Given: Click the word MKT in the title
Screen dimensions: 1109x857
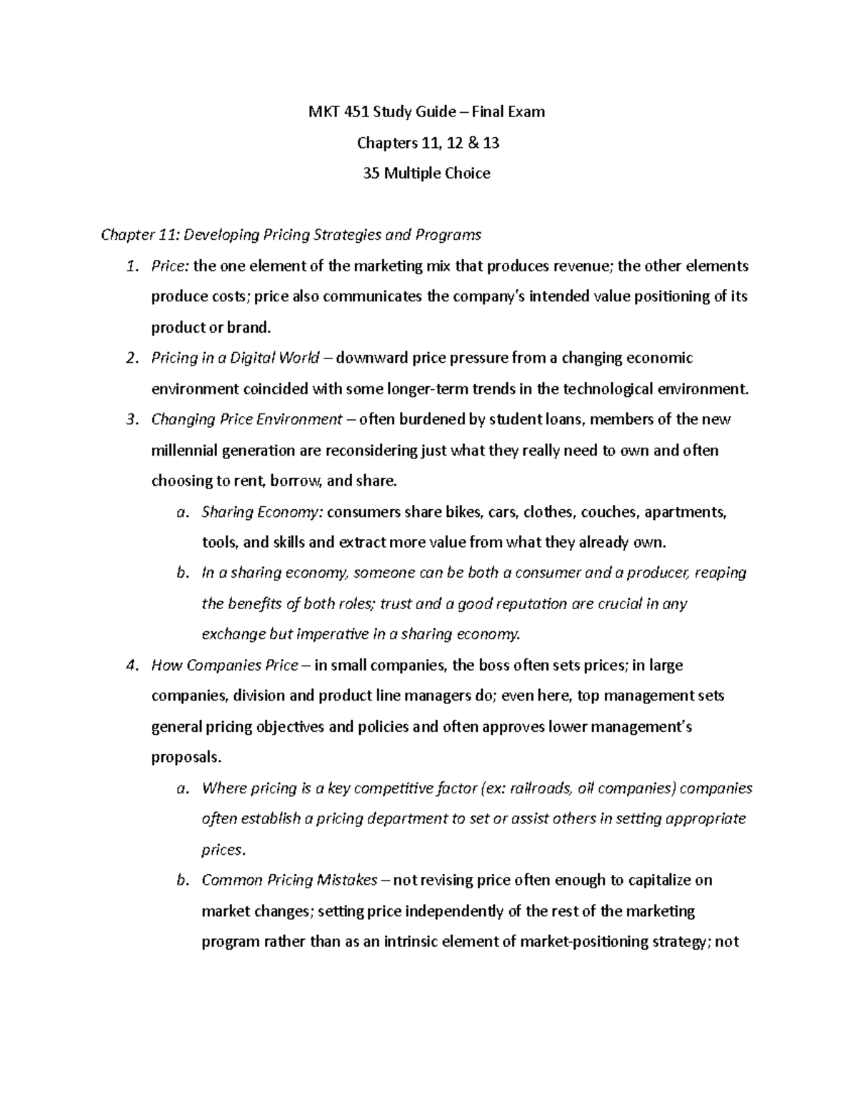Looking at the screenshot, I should [323, 112].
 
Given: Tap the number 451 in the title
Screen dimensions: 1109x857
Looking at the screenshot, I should [361, 112].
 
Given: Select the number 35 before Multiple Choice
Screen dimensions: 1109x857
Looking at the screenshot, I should [374, 174].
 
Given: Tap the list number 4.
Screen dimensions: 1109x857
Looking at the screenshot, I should [130, 666].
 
